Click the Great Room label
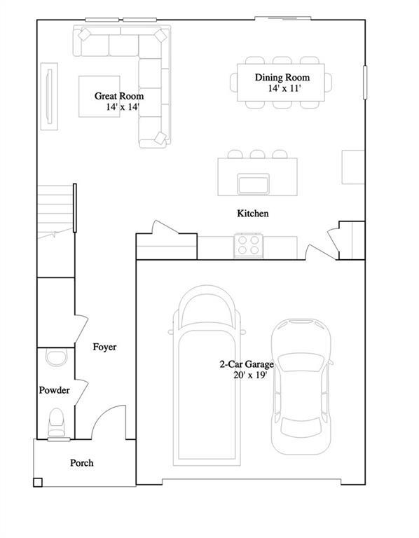click(x=119, y=96)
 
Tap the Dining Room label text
click(x=282, y=78)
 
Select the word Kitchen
click(x=252, y=213)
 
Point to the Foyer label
click(x=104, y=347)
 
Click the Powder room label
click(x=54, y=390)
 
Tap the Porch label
click(x=81, y=463)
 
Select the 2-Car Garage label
click(x=246, y=364)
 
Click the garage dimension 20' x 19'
click(x=246, y=375)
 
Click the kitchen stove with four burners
click(x=247, y=246)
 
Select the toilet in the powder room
click(x=56, y=423)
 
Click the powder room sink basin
click(x=55, y=358)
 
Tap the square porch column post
click(x=38, y=481)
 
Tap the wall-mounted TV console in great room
click(x=50, y=97)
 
